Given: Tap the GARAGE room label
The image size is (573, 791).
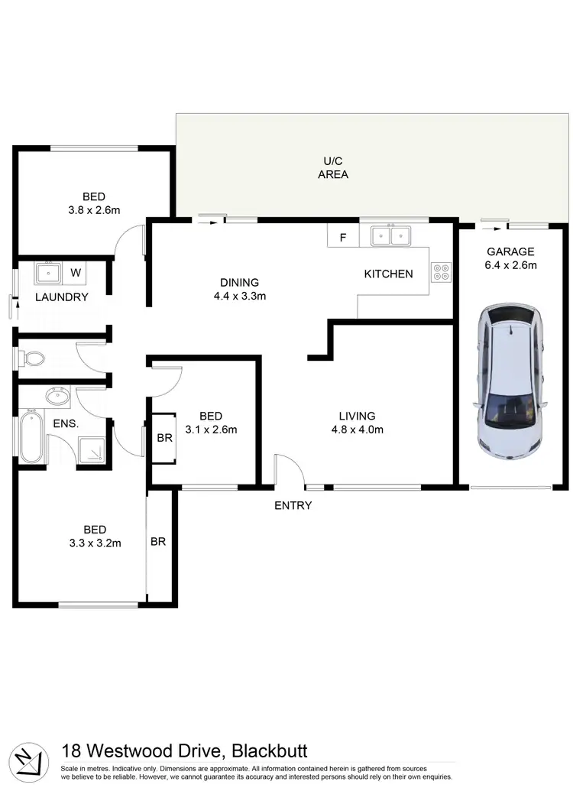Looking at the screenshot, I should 510,251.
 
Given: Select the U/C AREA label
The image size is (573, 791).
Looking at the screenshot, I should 333,168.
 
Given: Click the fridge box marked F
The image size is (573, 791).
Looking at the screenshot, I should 342,237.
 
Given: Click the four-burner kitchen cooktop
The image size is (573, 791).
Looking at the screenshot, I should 442,273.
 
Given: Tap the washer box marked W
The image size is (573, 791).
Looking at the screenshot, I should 76,271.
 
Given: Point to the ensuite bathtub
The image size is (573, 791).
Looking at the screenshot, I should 30,436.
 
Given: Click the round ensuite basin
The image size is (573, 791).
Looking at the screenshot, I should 56,396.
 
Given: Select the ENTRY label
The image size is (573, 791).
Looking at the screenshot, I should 293,505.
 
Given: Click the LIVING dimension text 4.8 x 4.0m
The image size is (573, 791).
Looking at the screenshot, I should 357,430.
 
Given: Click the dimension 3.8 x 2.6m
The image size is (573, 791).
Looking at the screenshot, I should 94,209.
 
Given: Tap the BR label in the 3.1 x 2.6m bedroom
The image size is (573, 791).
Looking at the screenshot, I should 164,438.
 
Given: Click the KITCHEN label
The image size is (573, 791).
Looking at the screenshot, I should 388,274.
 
